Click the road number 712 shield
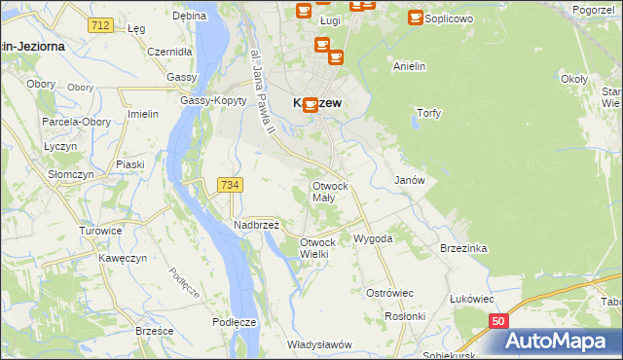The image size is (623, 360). [x=97, y=24]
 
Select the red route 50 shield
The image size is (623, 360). [x=498, y=320]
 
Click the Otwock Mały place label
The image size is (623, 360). [x=329, y=191]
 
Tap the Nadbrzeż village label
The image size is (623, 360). [x=256, y=225]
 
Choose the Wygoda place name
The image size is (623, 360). [x=373, y=238]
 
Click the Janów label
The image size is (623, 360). [x=409, y=180]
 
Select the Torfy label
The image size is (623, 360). [x=428, y=113]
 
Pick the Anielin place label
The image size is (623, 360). [x=410, y=66]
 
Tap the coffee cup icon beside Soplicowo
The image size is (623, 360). [x=416, y=18]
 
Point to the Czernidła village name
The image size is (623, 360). [x=166, y=52]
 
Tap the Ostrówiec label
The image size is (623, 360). [x=389, y=293]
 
